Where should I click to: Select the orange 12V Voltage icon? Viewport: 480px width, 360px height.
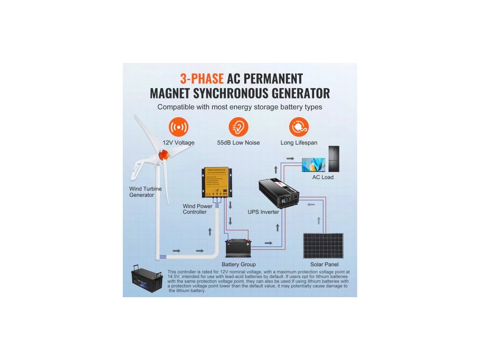pyautogui.click(x=178, y=127)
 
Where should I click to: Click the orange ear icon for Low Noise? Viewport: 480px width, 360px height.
pyautogui.click(x=238, y=127)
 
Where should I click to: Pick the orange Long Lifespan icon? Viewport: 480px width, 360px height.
pyautogui.click(x=299, y=127)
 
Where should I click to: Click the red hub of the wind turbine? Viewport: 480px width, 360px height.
pyautogui.click(x=163, y=154)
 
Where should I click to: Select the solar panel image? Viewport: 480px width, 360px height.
pyautogui.click(x=322, y=246)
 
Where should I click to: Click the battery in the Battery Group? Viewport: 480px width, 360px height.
pyautogui.click(x=239, y=247)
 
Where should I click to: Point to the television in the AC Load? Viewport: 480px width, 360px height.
pyautogui.click(x=313, y=165)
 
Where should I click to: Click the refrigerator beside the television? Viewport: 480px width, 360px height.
pyautogui.click(x=333, y=159)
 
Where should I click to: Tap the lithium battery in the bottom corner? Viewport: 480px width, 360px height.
pyautogui.click(x=146, y=281)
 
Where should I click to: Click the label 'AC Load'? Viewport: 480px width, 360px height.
pyautogui.click(x=323, y=178)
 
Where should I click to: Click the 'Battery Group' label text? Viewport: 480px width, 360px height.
pyautogui.click(x=239, y=265)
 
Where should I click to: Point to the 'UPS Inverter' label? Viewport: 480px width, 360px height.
pyautogui.click(x=263, y=212)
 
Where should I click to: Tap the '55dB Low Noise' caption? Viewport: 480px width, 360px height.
pyautogui.click(x=238, y=142)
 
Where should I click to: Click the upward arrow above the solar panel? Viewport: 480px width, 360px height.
pyautogui.click(x=319, y=220)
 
